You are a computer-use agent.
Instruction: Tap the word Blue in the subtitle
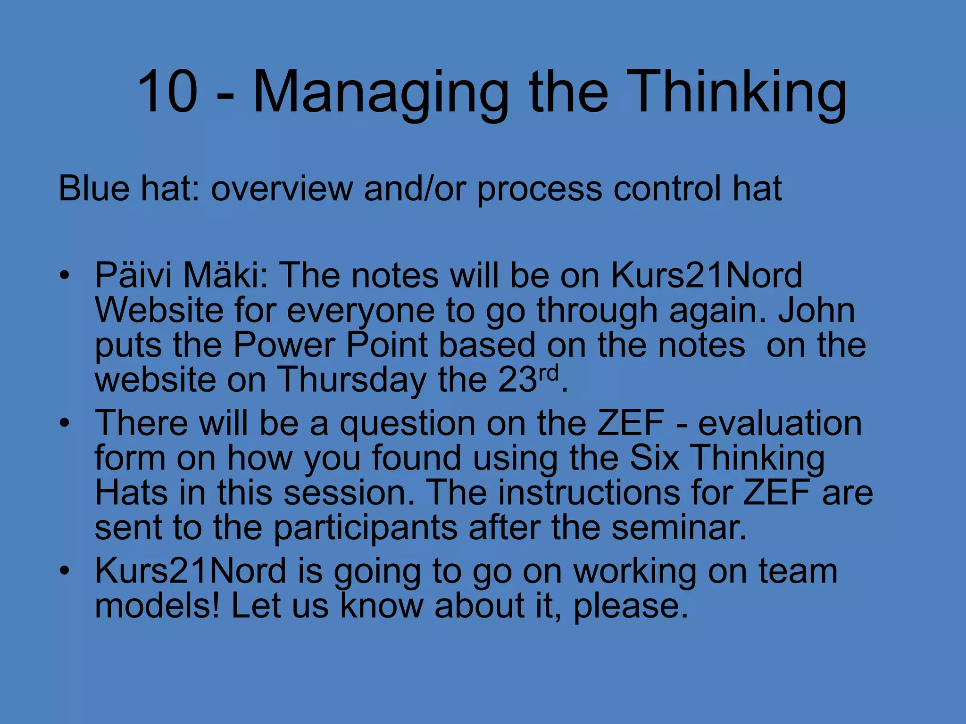point(94,189)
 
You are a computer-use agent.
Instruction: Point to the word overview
point(282,189)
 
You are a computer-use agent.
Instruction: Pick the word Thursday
point(351,380)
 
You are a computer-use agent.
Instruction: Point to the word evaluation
point(780,423)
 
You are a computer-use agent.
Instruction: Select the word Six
point(654,458)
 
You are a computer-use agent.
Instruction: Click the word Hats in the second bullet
point(131,493)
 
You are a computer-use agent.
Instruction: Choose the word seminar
point(679,527)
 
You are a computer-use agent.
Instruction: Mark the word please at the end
point(630,608)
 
